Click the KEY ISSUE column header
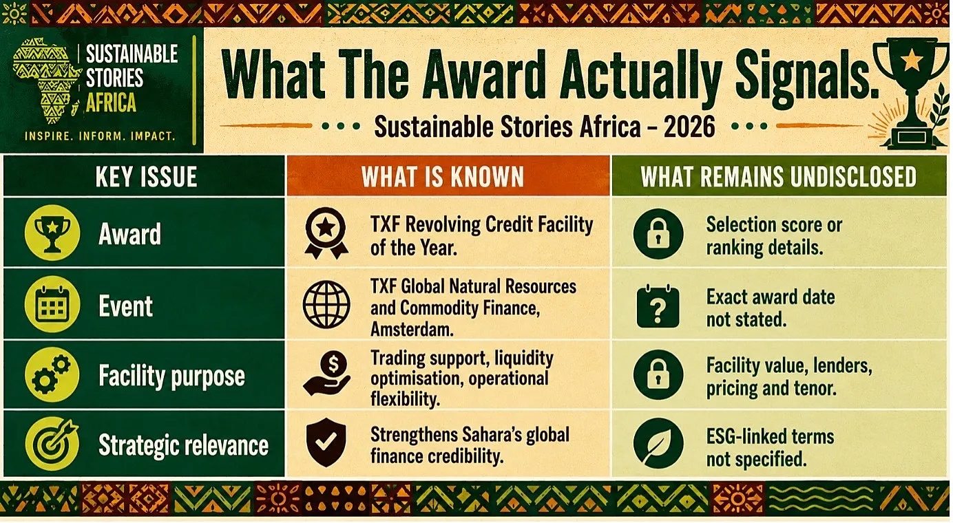click(146, 176)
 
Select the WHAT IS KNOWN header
click(443, 176)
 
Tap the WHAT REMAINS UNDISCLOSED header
click(779, 176)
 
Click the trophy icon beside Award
click(52, 233)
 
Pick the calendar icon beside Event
click(52, 304)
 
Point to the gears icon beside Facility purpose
click(52, 374)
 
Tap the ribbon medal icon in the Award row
click(326, 233)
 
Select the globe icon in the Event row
click(326, 304)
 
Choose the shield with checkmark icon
click(326, 442)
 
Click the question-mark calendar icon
click(658, 306)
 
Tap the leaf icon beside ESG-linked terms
click(658, 443)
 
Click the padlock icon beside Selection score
click(658, 234)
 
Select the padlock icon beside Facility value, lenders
click(658, 374)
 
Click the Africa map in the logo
click(47, 81)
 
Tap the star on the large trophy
click(911, 60)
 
